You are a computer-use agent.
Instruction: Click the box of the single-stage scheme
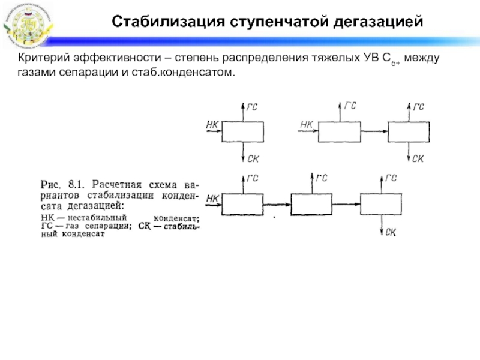pos(242,131)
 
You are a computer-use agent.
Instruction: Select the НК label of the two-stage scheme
pos(307,125)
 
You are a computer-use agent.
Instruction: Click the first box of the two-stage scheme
pos(339,131)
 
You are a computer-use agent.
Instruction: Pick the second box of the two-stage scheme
pos(409,131)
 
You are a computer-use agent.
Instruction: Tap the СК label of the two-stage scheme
pos(418,158)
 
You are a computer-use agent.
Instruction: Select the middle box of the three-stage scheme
pos(311,205)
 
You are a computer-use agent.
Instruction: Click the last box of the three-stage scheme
pos(380,205)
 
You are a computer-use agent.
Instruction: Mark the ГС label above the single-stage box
pos(253,107)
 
